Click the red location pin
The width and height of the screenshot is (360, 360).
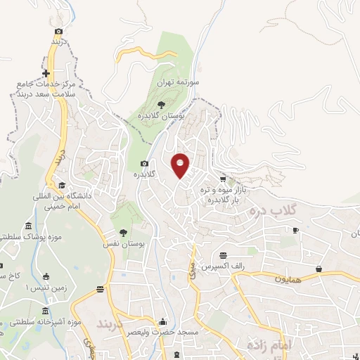pyautogui.click(x=181, y=165)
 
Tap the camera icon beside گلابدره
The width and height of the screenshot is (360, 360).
pyautogui.click(x=144, y=163)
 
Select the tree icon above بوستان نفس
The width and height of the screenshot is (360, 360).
pyautogui.click(x=124, y=233)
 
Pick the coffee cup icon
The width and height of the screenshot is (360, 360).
pyautogui.click(x=296, y=230)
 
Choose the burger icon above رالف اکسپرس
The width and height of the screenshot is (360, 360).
pyautogui.click(x=223, y=255)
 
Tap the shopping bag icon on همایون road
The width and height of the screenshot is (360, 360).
pyautogui.click(x=319, y=269)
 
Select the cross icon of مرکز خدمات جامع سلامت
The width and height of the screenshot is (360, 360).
pyautogui.click(x=46, y=74)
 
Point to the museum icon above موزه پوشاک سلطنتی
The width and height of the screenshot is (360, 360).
pyautogui.click(x=29, y=226)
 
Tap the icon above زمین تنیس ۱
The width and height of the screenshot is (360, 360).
pyautogui.click(x=46, y=275)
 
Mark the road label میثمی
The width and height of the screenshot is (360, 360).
pyautogui.click(x=190, y=273)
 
